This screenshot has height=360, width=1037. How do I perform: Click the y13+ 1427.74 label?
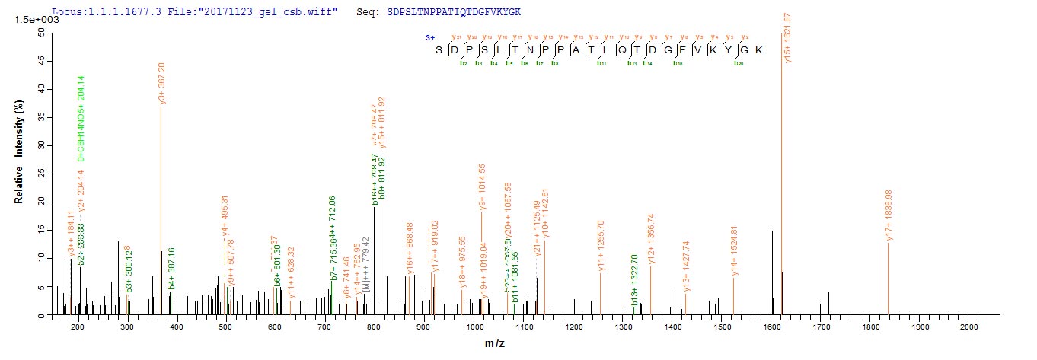tap(687, 266)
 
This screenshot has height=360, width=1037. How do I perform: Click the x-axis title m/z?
tap(495, 344)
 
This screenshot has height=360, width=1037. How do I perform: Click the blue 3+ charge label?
tap(429, 36)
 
